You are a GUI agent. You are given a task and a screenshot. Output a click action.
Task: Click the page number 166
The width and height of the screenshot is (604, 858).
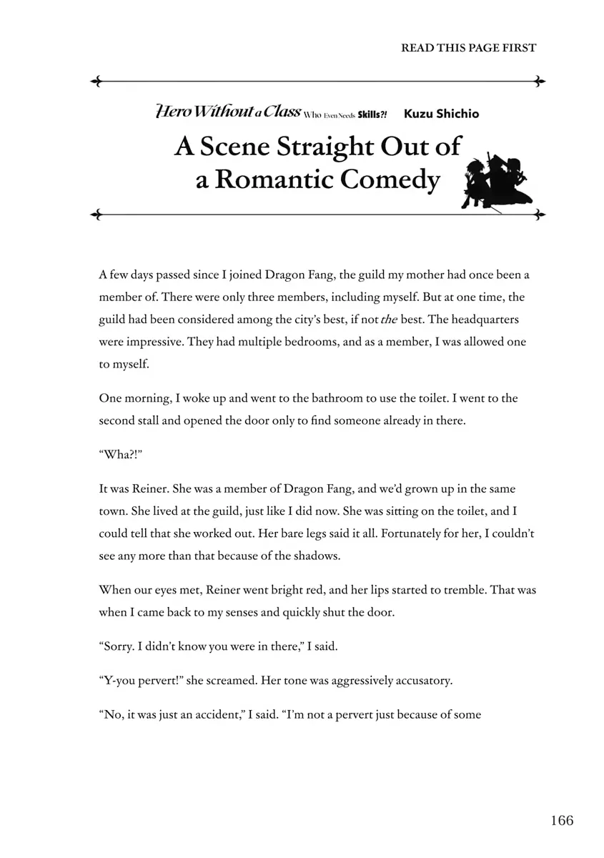click(562, 821)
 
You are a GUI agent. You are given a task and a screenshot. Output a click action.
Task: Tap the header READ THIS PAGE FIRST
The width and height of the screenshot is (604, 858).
click(468, 48)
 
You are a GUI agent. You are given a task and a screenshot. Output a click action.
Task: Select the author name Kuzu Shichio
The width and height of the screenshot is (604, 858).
click(441, 114)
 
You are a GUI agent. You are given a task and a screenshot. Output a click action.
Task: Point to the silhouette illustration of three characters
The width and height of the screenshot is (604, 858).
click(498, 179)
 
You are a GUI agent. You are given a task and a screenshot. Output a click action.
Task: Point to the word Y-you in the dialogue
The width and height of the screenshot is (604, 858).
click(117, 680)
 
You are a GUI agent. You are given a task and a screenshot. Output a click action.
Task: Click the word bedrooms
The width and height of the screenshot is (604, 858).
click(315, 342)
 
